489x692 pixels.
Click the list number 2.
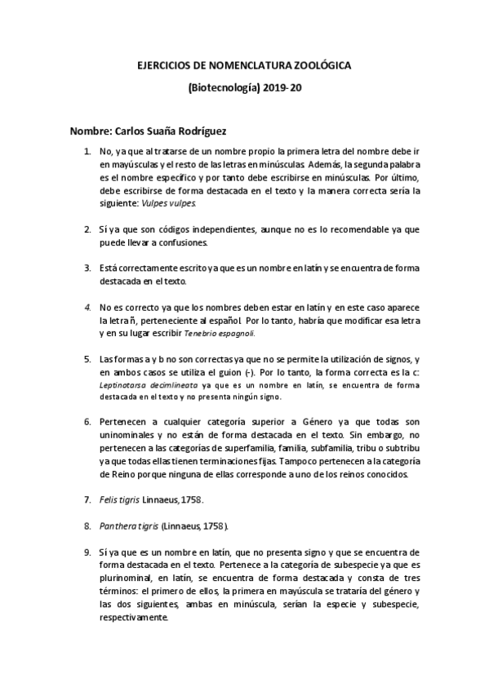88,231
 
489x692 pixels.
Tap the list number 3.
88,268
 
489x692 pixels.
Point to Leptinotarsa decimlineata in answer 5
136,383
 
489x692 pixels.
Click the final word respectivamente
134,617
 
